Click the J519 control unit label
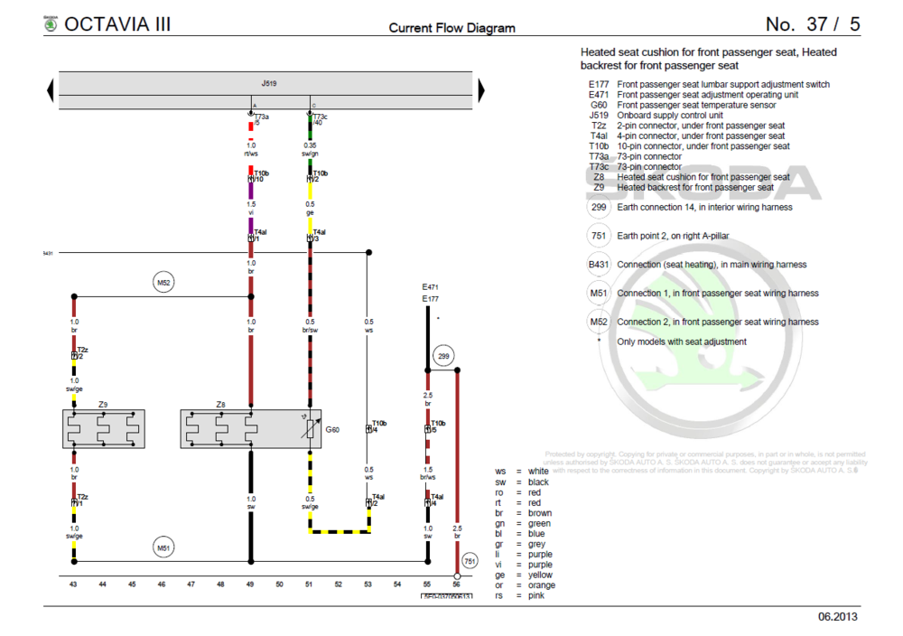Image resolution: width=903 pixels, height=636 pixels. [x=269, y=83]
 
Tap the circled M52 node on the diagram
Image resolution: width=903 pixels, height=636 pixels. [x=163, y=283]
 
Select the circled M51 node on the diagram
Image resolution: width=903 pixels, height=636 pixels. [x=163, y=547]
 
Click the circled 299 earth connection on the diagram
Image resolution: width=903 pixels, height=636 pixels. [x=443, y=357]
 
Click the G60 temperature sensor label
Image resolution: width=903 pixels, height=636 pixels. [x=332, y=430]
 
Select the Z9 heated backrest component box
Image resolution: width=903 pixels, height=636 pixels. [x=104, y=429]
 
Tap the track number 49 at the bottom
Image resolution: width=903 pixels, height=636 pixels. [x=250, y=585]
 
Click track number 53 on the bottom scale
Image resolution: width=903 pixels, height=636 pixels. [x=368, y=585]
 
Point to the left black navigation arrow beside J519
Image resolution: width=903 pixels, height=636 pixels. [x=51, y=89]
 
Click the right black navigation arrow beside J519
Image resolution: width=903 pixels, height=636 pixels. [x=481, y=89]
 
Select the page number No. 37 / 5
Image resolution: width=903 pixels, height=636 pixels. [x=813, y=23]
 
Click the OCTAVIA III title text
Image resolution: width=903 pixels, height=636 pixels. [x=117, y=23]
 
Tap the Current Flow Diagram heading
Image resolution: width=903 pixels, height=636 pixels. [x=451, y=28]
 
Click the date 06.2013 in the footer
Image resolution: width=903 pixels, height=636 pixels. [x=838, y=617]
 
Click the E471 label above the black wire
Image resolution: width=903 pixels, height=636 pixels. [x=430, y=287]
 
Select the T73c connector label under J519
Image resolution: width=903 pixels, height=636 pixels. [x=320, y=117]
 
